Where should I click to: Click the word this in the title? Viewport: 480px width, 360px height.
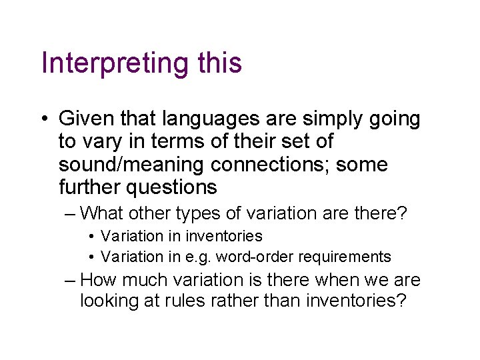219,63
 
